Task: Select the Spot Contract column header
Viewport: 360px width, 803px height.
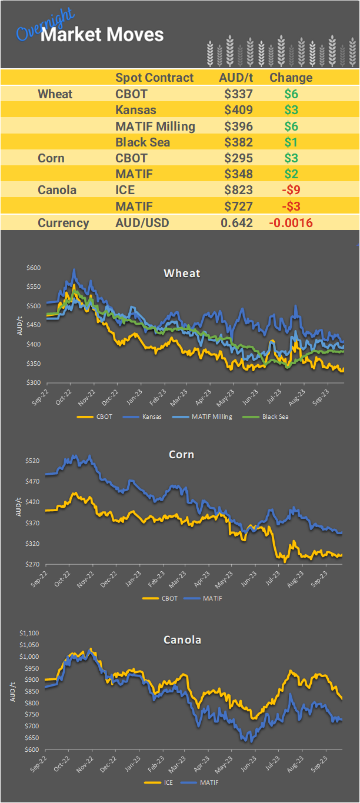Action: pyautogui.click(x=154, y=78)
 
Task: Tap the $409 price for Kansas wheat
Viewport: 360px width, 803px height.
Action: pyautogui.click(x=238, y=110)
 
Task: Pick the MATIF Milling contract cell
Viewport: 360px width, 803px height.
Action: pyautogui.click(x=155, y=126)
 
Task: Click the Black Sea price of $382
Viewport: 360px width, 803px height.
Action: pyautogui.click(x=238, y=142)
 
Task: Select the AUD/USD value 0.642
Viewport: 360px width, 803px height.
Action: pyautogui.click(x=236, y=223)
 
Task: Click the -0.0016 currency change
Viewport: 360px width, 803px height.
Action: pyautogui.click(x=291, y=223)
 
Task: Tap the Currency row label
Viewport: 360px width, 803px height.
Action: pyautogui.click(x=63, y=223)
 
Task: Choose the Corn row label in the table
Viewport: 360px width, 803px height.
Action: pyautogui.click(x=51, y=158)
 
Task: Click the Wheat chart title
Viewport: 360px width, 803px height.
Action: pyautogui.click(x=182, y=273)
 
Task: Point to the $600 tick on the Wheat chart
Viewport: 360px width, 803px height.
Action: pyautogui.click(x=34, y=268)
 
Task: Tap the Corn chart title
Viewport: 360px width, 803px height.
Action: pyautogui.click(x=181, y=455)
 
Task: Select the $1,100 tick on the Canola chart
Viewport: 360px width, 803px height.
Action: pyautogui.click(x=29, y=634)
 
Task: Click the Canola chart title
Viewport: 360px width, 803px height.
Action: pyautogui.click(x=182, y=639)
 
